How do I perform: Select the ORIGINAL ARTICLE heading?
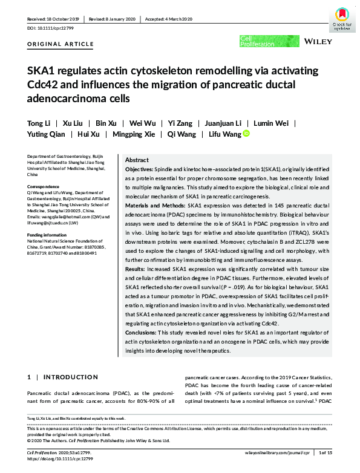[61, 44]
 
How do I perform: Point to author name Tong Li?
[39, 123]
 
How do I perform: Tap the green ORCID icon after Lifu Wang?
[246, 134]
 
